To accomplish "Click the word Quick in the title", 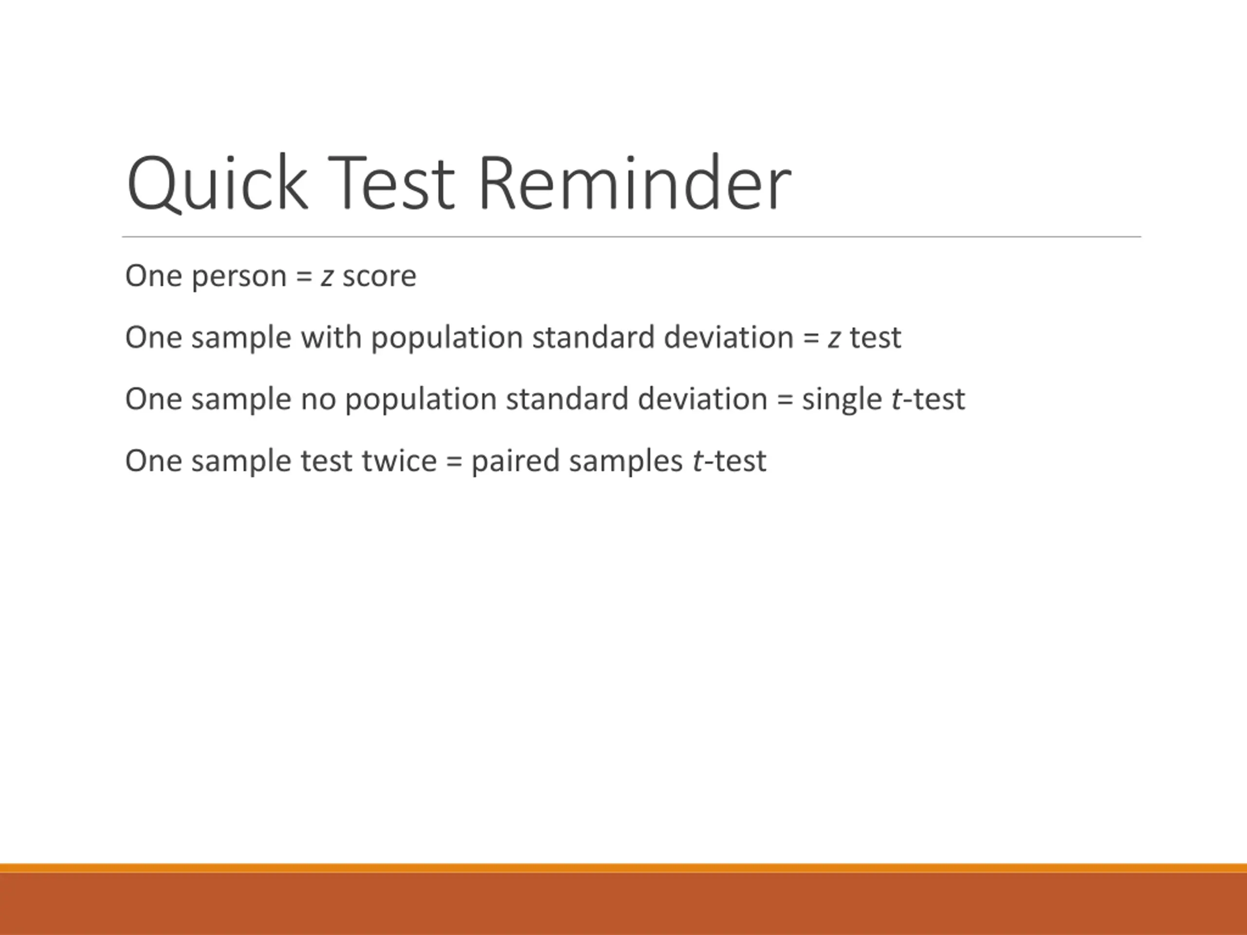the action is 218,184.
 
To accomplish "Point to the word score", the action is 379,277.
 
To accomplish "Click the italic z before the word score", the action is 327,277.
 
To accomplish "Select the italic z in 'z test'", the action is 834,339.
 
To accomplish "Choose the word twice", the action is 399,461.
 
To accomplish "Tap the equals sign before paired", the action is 454,462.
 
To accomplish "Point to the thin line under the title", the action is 631,237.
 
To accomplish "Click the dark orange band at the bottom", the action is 623,904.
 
